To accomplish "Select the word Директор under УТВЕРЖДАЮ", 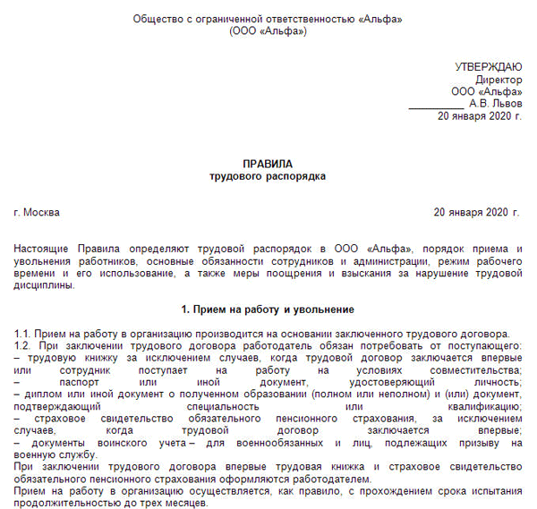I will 498,80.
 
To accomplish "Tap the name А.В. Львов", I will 494,104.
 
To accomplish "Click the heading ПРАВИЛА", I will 268,165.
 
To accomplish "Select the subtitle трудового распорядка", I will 268,177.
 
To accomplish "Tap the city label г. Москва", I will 38,213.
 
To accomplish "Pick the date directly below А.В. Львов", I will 479,116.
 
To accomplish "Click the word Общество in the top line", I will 157,18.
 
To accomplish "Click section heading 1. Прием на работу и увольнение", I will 268,310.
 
